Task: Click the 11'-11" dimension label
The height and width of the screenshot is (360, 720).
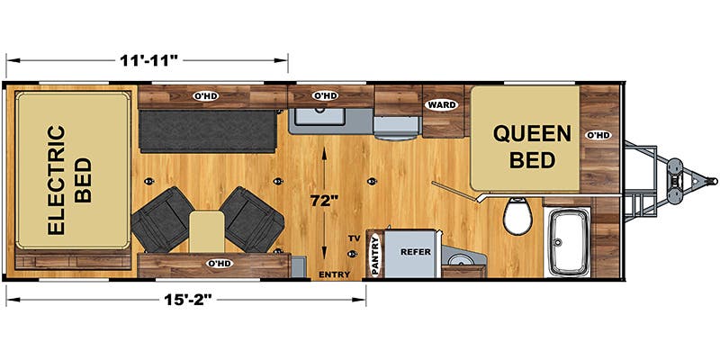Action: (148, 60)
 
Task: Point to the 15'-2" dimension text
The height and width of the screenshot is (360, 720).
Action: (188, 300)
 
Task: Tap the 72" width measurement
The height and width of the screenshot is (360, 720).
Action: (324, 201)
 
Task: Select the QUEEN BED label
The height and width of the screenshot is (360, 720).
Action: (532, 147)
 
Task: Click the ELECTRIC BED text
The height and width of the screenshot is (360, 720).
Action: (70, 180)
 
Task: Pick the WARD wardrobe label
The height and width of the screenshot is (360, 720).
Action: (442, 104)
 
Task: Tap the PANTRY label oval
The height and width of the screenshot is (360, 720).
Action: (376, 255)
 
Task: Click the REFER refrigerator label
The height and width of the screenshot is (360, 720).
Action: (416, 252)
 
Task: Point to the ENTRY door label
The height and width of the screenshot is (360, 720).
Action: (334, 274)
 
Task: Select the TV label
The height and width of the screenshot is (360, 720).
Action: (353, 238)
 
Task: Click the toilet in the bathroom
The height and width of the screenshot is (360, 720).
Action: (517, 215)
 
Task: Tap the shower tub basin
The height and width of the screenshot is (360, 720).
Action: (568, 242)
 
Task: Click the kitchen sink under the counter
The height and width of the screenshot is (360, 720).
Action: (319, 114)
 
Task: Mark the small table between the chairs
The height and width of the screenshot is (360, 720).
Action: (207, 231)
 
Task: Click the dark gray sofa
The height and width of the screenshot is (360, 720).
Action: (208, 130)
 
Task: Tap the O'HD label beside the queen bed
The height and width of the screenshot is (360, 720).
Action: (598, 134)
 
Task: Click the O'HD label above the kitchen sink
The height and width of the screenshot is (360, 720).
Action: (325, 96)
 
